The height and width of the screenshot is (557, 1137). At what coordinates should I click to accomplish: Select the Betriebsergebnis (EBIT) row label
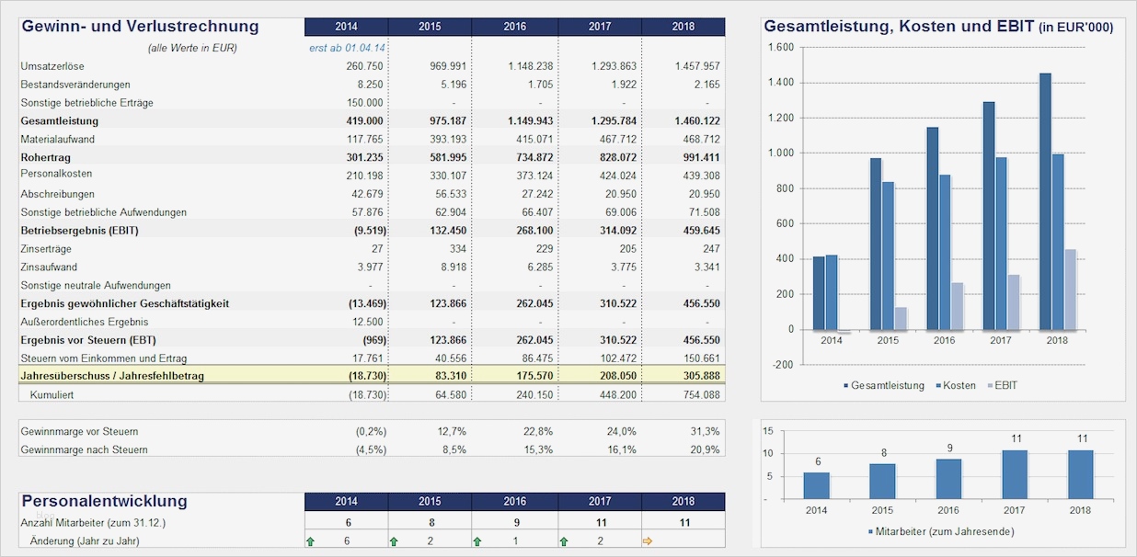pos(79,231)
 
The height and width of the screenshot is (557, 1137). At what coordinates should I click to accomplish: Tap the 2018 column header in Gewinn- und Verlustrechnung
pos(683,27)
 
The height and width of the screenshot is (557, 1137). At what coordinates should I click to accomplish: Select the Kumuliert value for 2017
pos(615,394)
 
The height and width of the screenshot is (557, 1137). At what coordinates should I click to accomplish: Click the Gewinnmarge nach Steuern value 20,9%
pos(704,449)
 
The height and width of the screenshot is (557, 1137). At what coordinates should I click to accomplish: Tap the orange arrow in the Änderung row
pos(648,541)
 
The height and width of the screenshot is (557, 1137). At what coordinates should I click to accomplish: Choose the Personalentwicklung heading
pos(104,501)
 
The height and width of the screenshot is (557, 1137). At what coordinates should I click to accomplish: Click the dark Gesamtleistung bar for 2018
pos(1045,201)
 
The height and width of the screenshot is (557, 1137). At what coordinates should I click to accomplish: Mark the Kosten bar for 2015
pos(888,256)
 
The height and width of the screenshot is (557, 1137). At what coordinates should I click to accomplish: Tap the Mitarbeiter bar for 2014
pos(816,485)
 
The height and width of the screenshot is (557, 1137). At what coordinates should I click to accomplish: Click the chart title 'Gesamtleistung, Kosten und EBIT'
pos(899,28)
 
